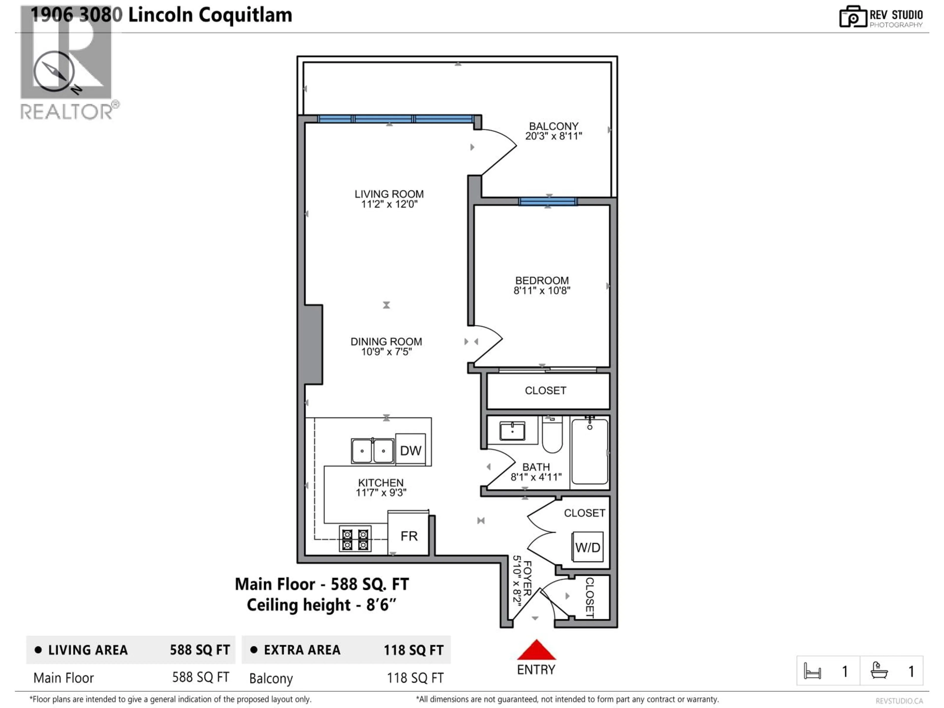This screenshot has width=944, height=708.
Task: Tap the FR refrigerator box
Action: [x=408, y=536]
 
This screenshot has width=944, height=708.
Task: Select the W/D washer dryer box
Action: [x=587, y=547]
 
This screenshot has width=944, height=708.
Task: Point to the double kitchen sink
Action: [x=373, y=451]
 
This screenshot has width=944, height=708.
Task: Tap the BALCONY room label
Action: [x=554, y=126]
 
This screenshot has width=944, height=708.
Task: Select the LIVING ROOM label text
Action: [x=389, y=194]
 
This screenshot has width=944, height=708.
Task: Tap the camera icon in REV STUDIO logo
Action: [x=852, y=17]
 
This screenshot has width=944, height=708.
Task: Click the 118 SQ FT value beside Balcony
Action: [x=415, y=678]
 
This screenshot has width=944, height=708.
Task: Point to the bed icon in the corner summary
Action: [x=812, y=671]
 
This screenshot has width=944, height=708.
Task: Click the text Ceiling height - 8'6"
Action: [x=321, y=605]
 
